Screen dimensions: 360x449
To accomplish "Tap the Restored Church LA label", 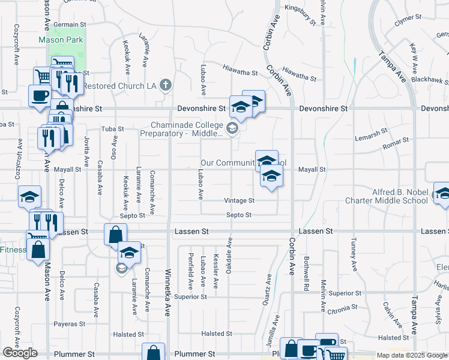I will tap(119, 86).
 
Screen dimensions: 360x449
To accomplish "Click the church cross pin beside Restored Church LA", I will tap(166, 86).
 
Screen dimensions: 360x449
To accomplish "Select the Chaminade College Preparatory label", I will tap(182, 129).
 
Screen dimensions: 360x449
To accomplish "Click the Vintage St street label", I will tap(239, 200).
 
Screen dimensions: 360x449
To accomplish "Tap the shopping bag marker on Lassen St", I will tap(115, 235).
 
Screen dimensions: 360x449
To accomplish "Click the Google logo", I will tap(20, 353).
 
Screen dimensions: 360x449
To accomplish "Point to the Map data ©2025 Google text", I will tap(411, 355).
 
